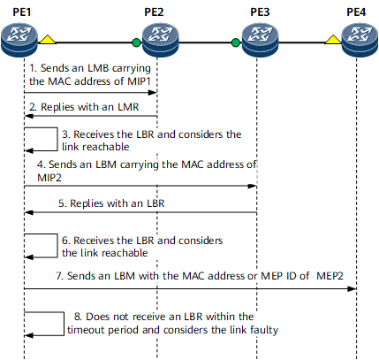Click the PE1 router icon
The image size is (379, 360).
(x=19, y=40)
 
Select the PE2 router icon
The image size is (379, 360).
(x=161, y=40)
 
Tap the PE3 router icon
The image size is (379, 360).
(x=260, y=40)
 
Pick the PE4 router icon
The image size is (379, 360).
(x=360, y=40)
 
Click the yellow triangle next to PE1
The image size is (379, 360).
(x=48, y=40)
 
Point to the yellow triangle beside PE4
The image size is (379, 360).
(x=333, y=40)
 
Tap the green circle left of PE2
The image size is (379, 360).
(x=136, y=42)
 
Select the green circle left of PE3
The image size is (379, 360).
(x=236, y=42)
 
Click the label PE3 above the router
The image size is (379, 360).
(x=260, y=12)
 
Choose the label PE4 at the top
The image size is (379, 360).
(x=356, y=12)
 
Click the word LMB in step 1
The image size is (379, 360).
(x=98, y=68)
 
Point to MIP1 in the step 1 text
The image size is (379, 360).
(x=139, y=81)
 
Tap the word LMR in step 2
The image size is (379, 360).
(x=128, y=107)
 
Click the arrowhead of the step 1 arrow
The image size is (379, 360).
(x=152, y=93)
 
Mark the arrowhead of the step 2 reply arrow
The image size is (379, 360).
(x=29, y=116)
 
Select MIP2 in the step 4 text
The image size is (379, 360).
(x=49, y=178)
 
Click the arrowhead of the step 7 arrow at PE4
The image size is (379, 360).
(x=352, y=288)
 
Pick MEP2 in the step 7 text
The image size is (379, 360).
(x=330, y=276)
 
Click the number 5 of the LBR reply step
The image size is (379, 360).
(x=62, y=203)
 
